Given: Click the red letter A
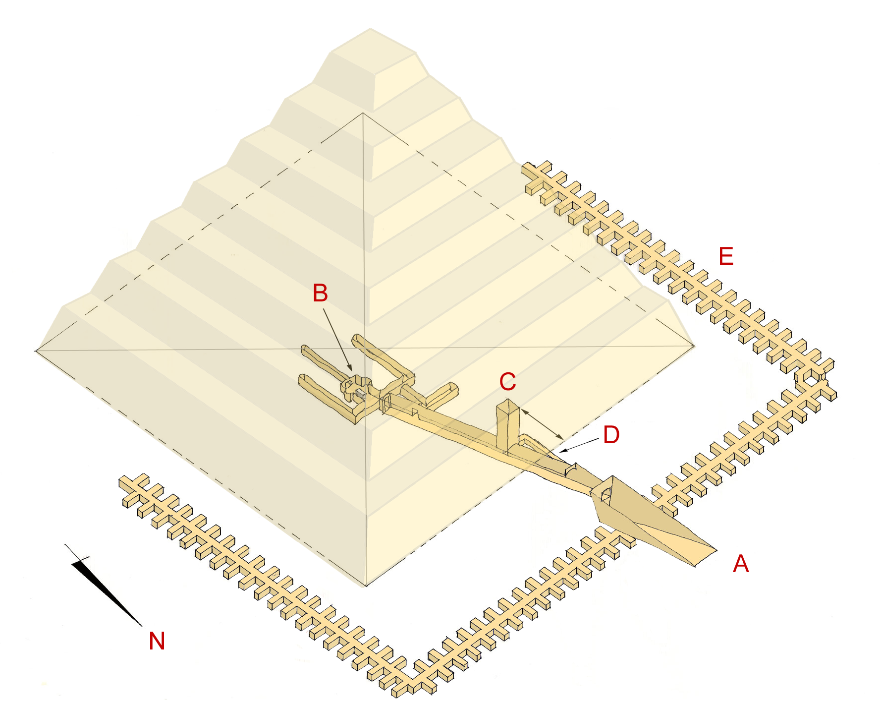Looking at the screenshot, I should [741, 564].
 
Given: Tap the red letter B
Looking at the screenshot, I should [320, 293].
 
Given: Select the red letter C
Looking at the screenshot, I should [507, 382].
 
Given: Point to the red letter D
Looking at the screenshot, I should [611, 435].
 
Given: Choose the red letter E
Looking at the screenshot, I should [726, 256].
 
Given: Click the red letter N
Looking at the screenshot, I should [157, 641].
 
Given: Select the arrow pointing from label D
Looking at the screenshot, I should [577, 446].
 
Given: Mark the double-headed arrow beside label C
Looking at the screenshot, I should [542, 424].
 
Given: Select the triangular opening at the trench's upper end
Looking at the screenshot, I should [605, 494].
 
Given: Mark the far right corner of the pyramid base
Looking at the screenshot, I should [694, 346].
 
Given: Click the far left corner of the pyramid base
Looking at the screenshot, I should [36, 351].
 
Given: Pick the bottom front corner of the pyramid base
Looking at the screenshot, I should [366, 586].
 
